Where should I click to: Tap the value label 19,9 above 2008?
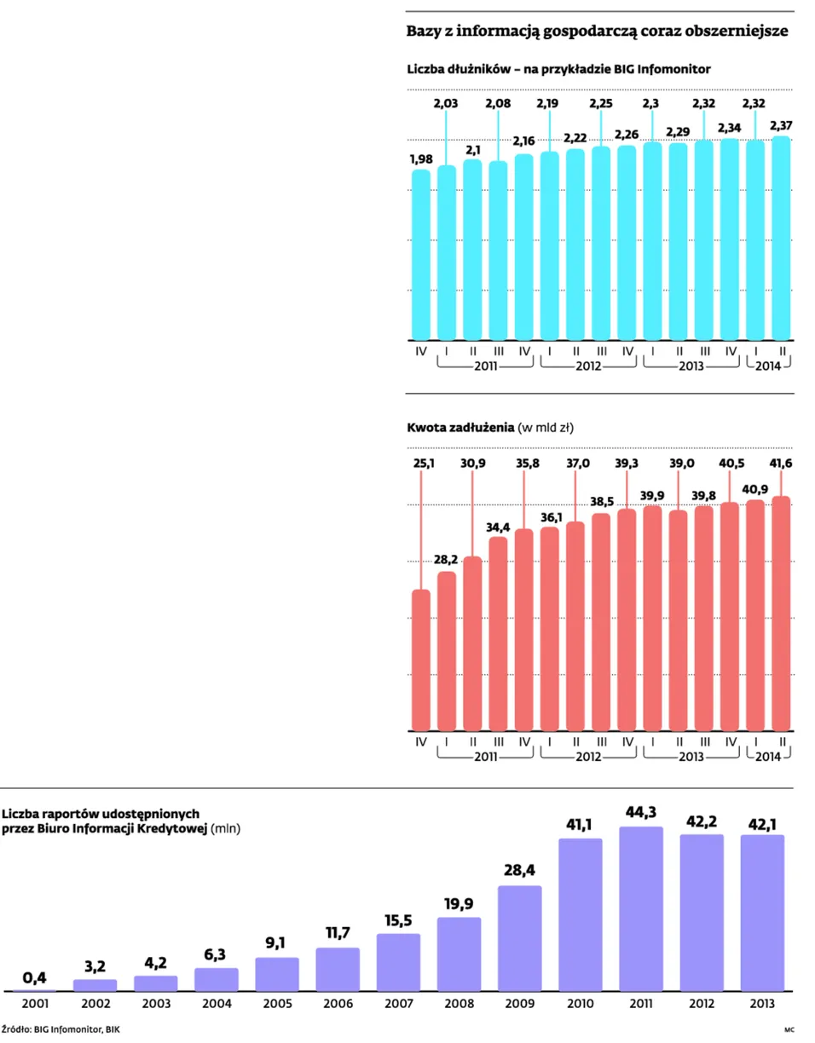tap(459, 904)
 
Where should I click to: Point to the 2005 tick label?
tap(277, 1004)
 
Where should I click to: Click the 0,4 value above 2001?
tap(35, 977)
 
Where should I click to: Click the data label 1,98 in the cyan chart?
tap(421, 158)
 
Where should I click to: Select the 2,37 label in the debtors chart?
tap(781, 125)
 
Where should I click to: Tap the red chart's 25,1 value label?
tap(424, 464)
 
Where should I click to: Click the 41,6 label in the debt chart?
tap(781, 464)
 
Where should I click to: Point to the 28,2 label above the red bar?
tap(446, 559)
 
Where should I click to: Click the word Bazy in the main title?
tap(420, 32)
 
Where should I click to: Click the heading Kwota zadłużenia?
tap(460, 427)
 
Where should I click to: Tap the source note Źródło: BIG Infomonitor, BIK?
tap(61, 1029)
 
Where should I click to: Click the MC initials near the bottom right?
tap(789, 1029)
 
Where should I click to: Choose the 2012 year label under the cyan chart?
tap(588, 366)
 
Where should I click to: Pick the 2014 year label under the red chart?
tap(768, 757)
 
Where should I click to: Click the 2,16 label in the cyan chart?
tap(523, 141)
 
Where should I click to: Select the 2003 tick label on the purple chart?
tap(156, 1004)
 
